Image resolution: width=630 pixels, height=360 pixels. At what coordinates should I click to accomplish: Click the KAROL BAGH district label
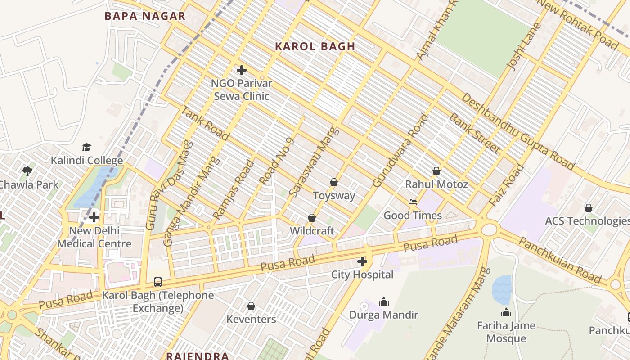point(315,46)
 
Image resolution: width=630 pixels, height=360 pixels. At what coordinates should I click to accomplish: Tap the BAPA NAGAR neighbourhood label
point(145,16)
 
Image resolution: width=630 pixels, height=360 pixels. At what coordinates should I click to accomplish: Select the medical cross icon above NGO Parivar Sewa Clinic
point(242,70)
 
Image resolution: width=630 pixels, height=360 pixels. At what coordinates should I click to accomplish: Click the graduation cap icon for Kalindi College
point(86,147)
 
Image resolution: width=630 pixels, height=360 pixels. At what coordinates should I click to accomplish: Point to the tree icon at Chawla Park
point(27,171)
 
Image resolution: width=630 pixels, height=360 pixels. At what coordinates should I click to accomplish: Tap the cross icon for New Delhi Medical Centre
point(94,218)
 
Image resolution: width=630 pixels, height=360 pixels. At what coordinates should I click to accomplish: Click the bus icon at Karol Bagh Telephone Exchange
point(158,282)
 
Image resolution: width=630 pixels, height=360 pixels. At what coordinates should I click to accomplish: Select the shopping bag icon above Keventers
point(251,306)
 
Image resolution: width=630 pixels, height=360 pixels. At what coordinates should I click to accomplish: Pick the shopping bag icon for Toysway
point(334,182)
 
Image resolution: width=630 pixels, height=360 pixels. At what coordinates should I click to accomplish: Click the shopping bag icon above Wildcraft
point(312,218)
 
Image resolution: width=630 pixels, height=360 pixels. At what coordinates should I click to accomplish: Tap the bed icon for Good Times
point(413,202)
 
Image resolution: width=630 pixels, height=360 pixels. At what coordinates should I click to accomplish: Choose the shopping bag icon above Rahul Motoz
point(436,171)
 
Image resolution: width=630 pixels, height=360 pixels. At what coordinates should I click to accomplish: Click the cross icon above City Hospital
point(362,261)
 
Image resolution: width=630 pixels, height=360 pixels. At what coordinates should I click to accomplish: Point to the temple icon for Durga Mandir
point(384,301)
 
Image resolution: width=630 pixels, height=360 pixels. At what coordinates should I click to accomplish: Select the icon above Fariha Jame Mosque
point(506,312)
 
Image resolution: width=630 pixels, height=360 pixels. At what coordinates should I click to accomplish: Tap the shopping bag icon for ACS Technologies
point(588,208)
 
